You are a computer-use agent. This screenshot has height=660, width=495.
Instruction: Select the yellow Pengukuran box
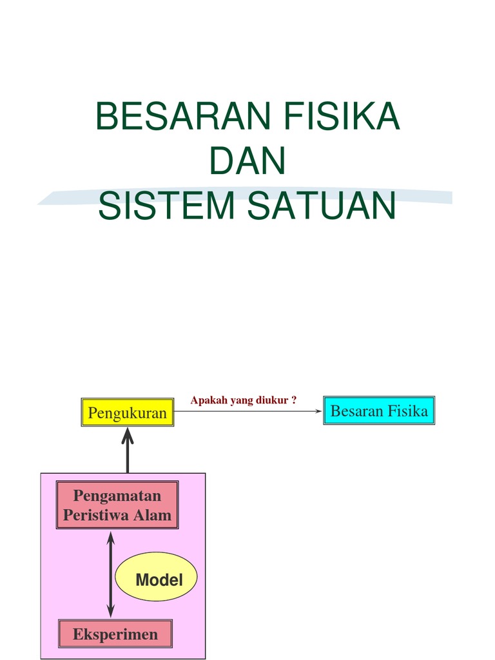pyautogui.click(x=127, y=412)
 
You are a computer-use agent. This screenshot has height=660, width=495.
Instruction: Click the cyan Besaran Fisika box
pyautogui.click(x=379, y=411)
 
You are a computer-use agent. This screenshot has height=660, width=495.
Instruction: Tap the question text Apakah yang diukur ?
pyautogui.click(x=243, y=400)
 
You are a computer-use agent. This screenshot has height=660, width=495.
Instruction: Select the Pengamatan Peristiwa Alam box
pyautogui.click(x=117, y=505)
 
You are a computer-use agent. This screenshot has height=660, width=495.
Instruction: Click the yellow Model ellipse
pyautogui.click(x=156, y=577)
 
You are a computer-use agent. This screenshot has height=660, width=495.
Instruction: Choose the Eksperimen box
pyautogui.click(x=115, y=634)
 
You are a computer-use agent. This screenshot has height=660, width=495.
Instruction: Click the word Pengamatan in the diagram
pyautogui.click(x=117, y=496)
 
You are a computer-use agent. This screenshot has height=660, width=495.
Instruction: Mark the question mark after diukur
pyautogui.click(x=294, y=400)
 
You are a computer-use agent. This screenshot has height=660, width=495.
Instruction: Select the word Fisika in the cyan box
pyautogui.click(x=407, y=411)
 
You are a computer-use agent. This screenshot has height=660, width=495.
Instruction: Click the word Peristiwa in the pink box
pyautogui.click(x=98, y=515)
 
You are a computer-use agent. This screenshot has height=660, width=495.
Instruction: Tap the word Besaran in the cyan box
pyautogui.click(x=356, y=411)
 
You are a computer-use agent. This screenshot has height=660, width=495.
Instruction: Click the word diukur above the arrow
pyautogui.click(x=274, y=400)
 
